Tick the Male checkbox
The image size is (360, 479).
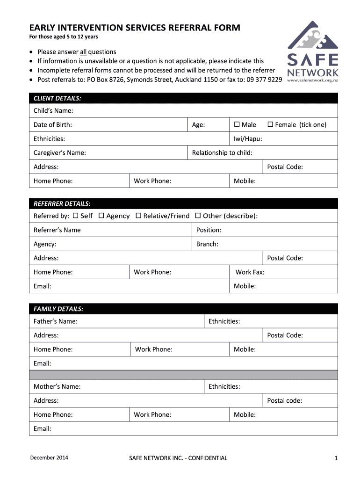tap(237, 124)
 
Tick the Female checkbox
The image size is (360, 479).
tap(270, 124)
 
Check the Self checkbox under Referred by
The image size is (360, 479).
tap(75, 216)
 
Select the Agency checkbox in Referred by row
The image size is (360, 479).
tap(101, 216)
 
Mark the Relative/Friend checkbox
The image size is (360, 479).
tap(138, 216)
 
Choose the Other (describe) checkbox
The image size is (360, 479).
tap(198, 216)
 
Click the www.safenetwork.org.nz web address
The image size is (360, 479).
tap(312, 80)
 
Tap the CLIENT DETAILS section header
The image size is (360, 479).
tap(57, 98)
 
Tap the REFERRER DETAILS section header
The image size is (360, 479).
tap(62, 204)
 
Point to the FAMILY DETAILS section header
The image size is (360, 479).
tap(58, 309)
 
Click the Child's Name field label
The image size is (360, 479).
tap(53, 111)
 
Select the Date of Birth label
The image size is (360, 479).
tap(53, 125)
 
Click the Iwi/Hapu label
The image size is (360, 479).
tap(248, 139)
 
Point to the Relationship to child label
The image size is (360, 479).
tap(222, 153)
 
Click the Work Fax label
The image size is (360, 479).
tap(250, 272)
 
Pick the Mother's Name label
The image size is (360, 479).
tap(57, 387)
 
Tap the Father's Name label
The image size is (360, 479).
tap(56, 321)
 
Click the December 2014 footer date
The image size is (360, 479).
tap(49, 457)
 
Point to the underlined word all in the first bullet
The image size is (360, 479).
tap(83, 52)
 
